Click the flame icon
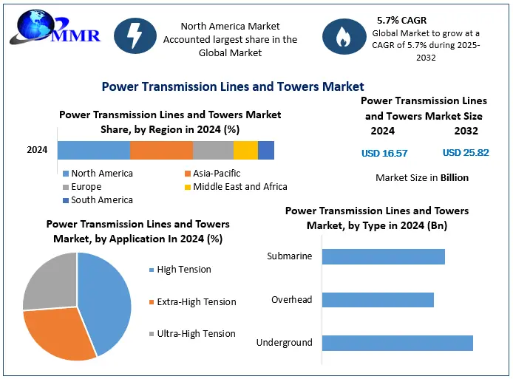342,38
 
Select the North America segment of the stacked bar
93,150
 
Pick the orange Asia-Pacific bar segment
161,150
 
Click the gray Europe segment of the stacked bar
213,150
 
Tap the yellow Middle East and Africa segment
245,150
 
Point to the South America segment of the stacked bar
266,150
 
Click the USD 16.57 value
384,153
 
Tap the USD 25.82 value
466,153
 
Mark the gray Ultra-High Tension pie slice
50,283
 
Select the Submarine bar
384,256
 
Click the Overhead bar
378,300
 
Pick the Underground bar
398,343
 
